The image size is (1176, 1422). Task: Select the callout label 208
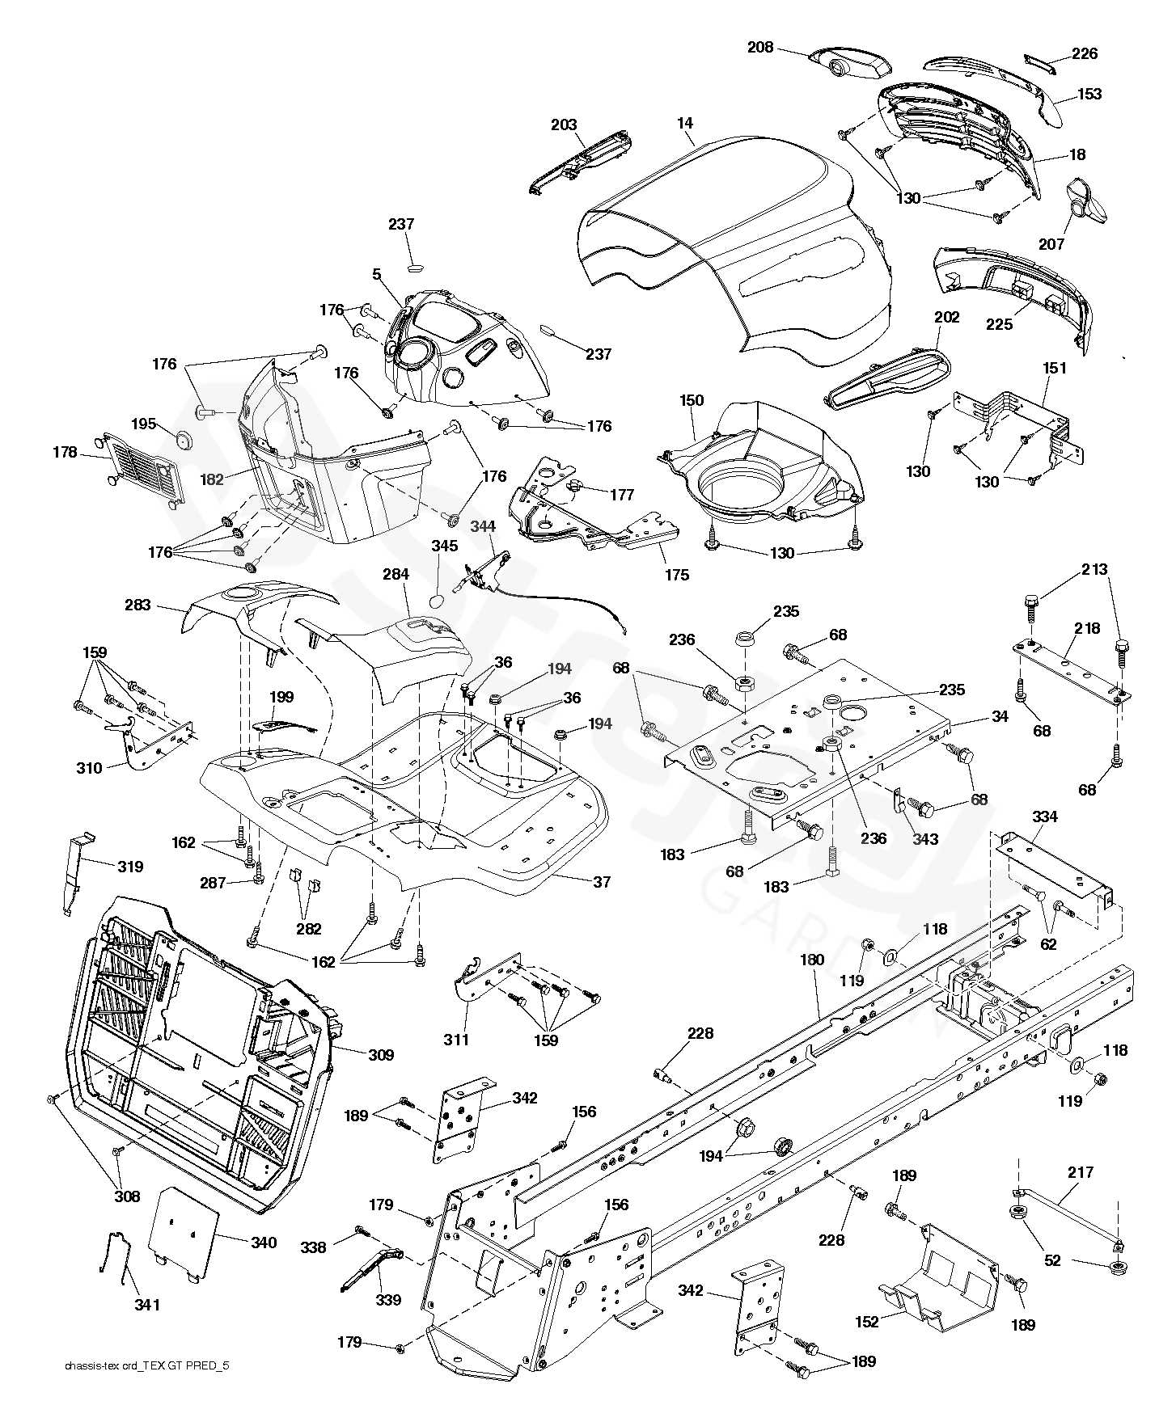(x=760, y=48)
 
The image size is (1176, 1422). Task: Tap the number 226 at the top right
(x=1085, y=53)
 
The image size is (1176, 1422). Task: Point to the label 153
(x=1089, y=94)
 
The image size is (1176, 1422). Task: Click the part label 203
(x=564, y=124)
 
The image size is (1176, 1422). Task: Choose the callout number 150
(x=692, y=400)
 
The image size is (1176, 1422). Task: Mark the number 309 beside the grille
(x=381, y=1055)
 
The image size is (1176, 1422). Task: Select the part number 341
(x=147, y=1305)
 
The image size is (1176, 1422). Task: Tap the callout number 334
(x=1045, y=816)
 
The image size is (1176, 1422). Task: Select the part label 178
(x=65, y=453)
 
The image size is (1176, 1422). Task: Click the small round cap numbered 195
(x=188, y=441)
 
